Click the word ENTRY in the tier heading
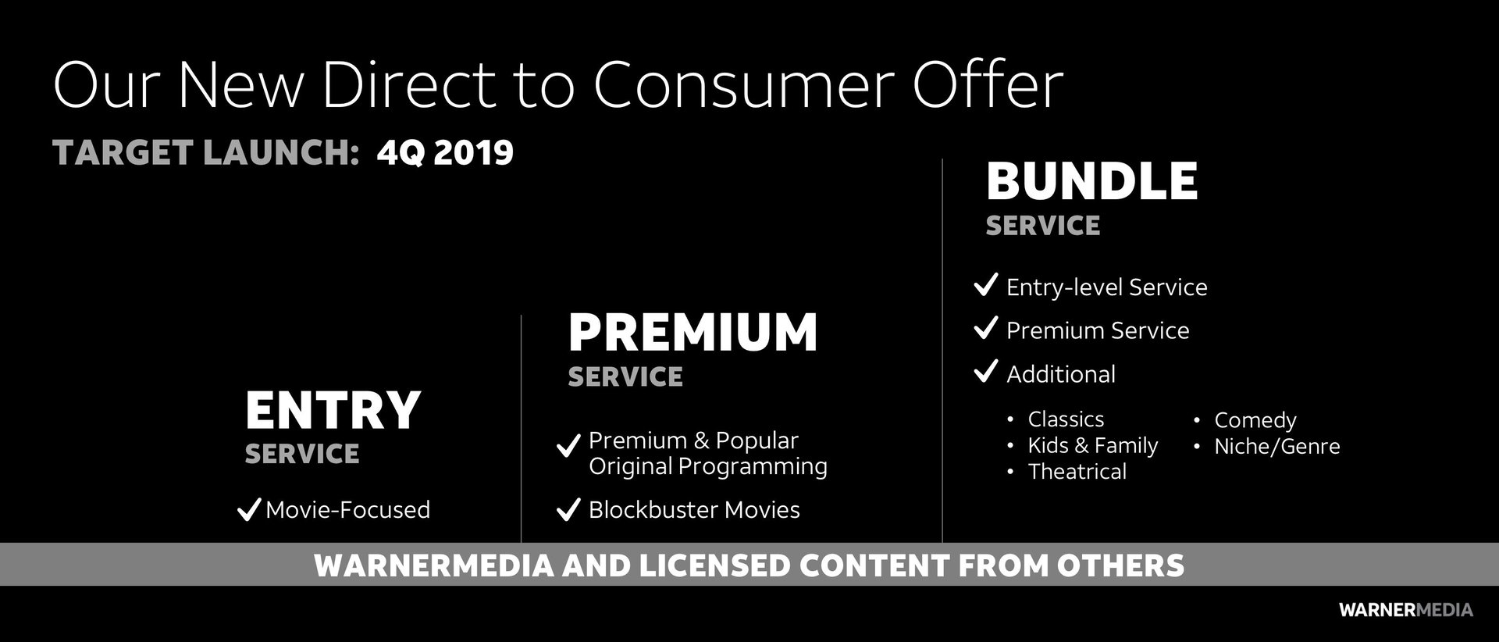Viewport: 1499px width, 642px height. (333, 410)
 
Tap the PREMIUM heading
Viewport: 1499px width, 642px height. (693, 333)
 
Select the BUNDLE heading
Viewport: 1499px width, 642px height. (1091, 181)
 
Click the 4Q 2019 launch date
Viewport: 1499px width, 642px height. (445, 152)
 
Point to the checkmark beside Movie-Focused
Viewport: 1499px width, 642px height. (248, 510)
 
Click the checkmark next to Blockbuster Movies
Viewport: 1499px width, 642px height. (568, 510)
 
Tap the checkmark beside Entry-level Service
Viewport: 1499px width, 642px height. (986, 285)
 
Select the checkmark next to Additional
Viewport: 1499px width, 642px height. (986, 371)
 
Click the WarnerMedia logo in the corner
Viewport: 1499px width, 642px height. (1405, 610)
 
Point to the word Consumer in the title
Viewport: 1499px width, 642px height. (745, 85)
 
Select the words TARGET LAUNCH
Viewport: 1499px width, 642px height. (205, 152)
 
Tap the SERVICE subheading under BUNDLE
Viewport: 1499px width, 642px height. (1043, 226)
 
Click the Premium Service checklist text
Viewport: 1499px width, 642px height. (1098, 330)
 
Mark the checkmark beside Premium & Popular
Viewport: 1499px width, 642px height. (568, 446)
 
